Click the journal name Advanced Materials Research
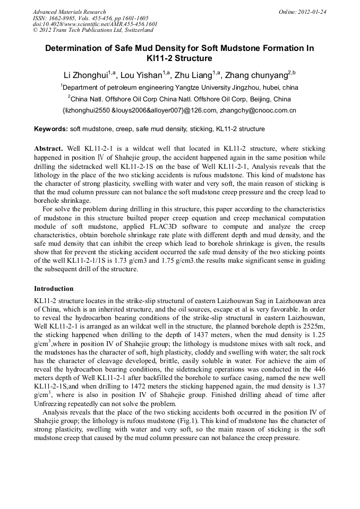pos(70,12)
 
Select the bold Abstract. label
pos(49,149)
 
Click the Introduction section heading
pos(54,289)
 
